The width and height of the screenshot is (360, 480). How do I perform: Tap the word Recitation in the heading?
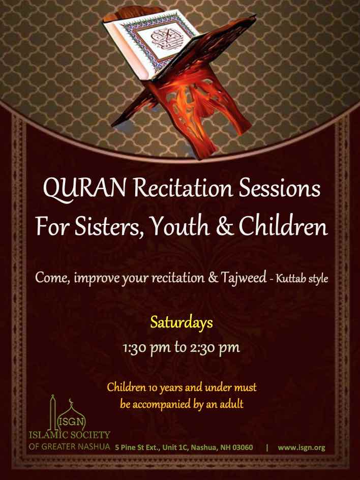[183, 188]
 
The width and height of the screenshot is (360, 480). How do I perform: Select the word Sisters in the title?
[107, 227]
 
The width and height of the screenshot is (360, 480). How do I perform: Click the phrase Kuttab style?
[302, 279]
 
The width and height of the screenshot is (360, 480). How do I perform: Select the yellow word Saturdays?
[182, 323]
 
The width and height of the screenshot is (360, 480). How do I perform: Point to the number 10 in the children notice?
[153, 388]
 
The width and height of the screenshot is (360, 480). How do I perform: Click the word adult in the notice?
[232, 404]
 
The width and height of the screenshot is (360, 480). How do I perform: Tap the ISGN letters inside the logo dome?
[71, 422]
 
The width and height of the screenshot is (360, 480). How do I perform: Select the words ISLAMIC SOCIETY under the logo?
[70, 435]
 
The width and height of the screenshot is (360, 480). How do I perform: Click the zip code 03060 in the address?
[243, 447]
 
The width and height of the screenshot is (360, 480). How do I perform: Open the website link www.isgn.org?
[302, 448]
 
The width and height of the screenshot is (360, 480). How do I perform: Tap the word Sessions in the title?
[280, 188]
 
